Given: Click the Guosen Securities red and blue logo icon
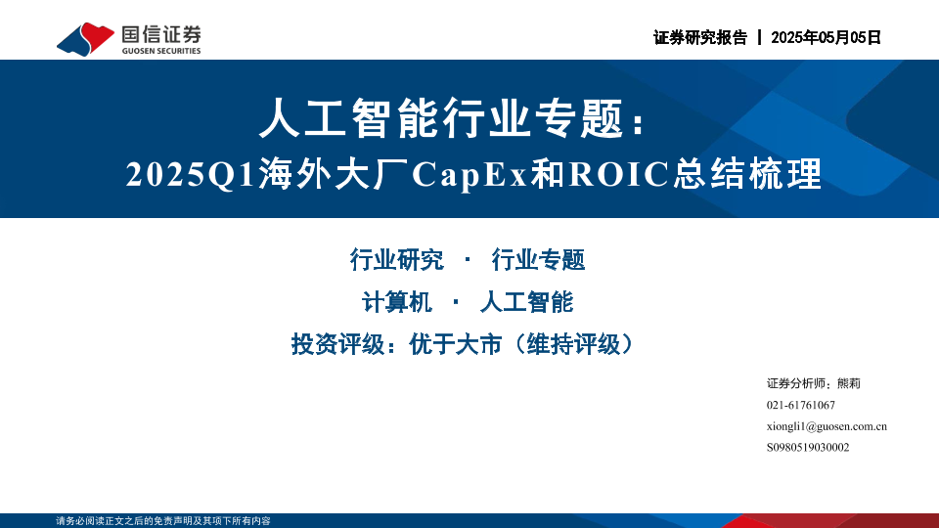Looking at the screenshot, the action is [x=85, y=39].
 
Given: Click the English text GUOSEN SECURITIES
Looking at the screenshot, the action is [x=161, y=51].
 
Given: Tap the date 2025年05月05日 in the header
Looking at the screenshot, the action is [x=826, y=38].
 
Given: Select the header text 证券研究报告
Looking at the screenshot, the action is [x=700, y=38].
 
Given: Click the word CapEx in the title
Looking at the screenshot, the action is [x=470, y=174].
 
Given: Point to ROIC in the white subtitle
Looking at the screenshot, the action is [x=618, y=174].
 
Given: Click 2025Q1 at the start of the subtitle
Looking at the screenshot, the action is [x=191, y=175].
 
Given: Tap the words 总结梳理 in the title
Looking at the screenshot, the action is [x=747, y=174].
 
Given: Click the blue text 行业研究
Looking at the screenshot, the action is [x=396, y=260].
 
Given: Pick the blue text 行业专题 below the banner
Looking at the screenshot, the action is [x=538, y=260].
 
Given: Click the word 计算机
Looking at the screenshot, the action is [x=396, y=302].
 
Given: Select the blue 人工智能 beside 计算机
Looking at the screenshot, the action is [x=526, y=302].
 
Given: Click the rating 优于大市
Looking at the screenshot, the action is [x=455, y=344].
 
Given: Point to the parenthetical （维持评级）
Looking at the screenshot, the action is [x=574, y=344].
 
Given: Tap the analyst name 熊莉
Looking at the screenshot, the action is [x=849, y=383].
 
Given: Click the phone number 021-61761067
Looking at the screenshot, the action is [x=801, y=405].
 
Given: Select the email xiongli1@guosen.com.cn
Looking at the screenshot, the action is [x=827, y=427].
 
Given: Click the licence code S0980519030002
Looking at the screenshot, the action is [x=808, y=448].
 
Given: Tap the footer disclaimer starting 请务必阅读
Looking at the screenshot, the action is [x=163, y=521].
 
